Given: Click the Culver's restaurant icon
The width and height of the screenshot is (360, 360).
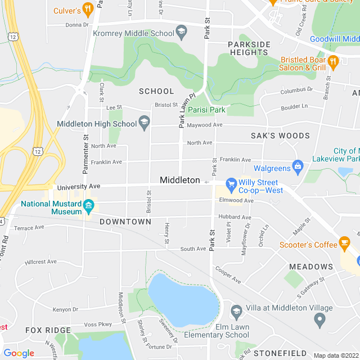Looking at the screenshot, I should [x=87, y=9].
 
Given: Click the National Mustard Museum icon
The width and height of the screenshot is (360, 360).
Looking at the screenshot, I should [x=88, y=206].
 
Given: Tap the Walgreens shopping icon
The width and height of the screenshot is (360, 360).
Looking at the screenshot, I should [x=298, y=166].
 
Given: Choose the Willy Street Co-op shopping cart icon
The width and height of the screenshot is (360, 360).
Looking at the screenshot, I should [x=231, y=183].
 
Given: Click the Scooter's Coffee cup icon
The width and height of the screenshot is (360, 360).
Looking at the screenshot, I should [x=344, y=244].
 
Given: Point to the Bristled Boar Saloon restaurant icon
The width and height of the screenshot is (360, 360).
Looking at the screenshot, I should [x=333, y=61].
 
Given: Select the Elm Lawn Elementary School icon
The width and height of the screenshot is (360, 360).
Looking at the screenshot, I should [x=236, y=312].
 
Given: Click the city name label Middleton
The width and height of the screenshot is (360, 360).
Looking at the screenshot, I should [x=179, y=180].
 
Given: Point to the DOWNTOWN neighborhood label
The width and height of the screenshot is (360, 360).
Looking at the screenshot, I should [x=125, y=222].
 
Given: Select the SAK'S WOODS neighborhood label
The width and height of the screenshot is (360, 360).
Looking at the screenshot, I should [x=280, y=136].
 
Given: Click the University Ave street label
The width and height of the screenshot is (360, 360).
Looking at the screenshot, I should [x=79, y=186].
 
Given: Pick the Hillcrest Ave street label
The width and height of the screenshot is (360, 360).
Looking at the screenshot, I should [x=40, y=262].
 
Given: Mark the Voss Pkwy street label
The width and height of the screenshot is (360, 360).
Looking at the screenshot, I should [x=98, y=324].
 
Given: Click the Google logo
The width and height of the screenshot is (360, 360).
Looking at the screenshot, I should [x=19, y=353].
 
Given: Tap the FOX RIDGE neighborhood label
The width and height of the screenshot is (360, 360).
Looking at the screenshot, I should [x=48, y=330].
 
